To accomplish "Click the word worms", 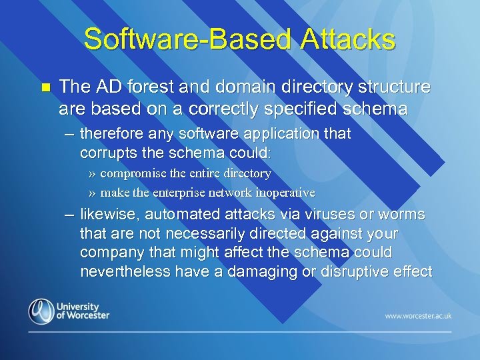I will click(404, 215).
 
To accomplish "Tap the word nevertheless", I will click(125, 271).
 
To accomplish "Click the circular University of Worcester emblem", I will click(41, 311).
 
